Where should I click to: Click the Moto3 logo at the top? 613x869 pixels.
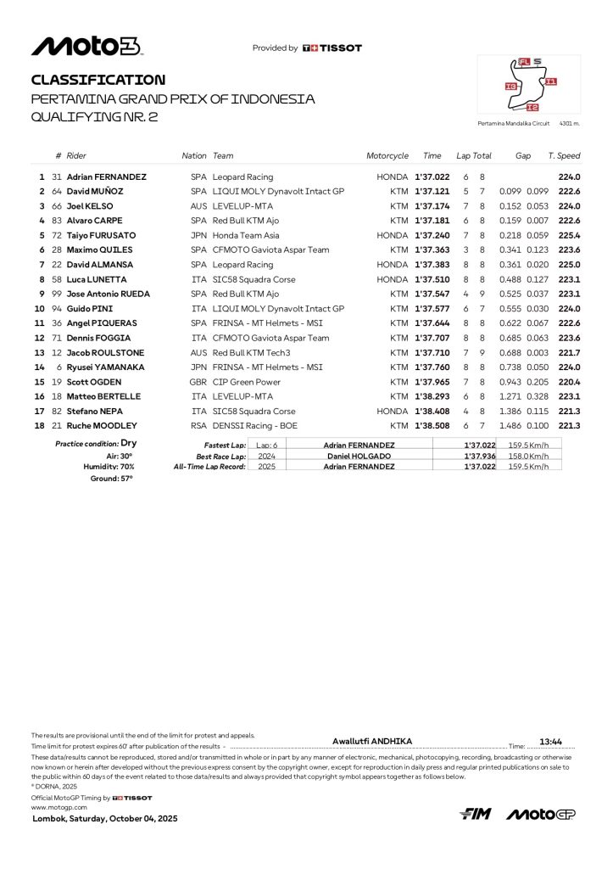tap(86, 47)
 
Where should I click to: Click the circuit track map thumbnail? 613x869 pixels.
tap(530, 85)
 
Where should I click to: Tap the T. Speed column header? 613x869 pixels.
tap(564, 156)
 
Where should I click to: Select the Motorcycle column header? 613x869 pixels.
tap(387, 156)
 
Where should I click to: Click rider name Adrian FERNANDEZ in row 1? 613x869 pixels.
tap(109, 177)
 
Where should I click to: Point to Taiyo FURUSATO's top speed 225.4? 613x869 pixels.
tap(569, 235)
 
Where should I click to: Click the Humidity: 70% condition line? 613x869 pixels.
tap(109, 467)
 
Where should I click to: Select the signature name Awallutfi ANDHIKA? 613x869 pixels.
tap(372, 741)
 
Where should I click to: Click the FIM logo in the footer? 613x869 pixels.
tap(475, 815)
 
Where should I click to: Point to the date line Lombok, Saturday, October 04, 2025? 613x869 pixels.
tap(105, 819)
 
